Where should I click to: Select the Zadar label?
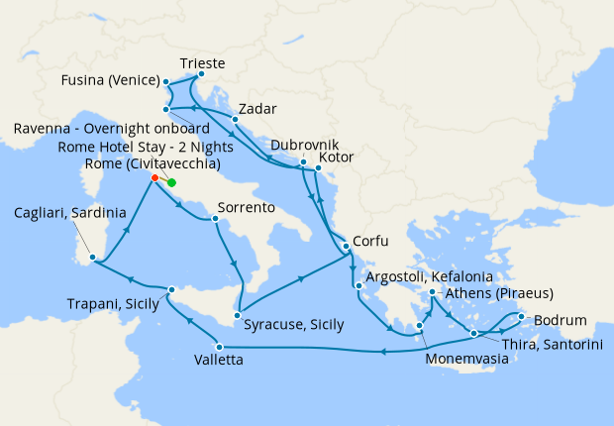pyautogui.click(x=256, y=108)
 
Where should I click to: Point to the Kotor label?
pyautogui.click(x=337, y=158)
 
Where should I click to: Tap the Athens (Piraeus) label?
pyautogui.click(x=498, y=293)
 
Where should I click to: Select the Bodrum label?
pyautogui.click(x=561, y=320)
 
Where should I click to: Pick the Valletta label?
pyautogui.click(x=215, y=361)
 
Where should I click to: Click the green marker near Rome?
pyautogui.click(x=171, y=183)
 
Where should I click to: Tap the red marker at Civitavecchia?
pyautogui.click(x=155, y=178)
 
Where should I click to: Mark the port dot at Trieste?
pyautogui.click(x=201, y=74)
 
